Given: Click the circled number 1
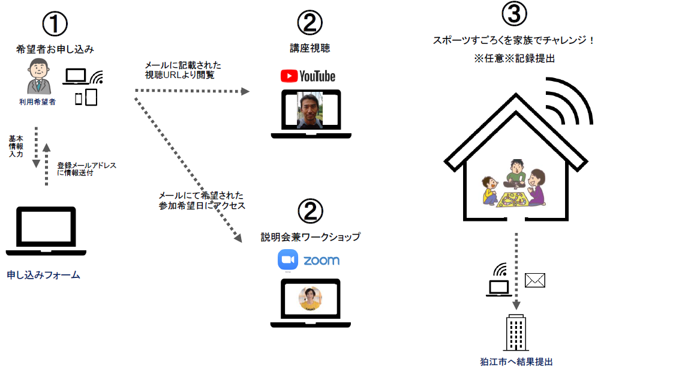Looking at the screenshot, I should coord(55,24).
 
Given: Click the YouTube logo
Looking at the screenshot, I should coord(308,76).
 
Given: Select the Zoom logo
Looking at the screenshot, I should coord(308,260).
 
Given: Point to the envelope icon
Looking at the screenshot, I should coord(534,280).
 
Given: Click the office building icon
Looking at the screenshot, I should coord(516,332).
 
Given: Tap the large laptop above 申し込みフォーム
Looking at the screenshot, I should coord(46,231).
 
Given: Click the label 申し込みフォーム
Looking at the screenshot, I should coord(43,275).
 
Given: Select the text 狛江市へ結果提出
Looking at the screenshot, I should coord(516,361).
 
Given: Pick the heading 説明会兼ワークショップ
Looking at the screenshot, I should coord(310,237).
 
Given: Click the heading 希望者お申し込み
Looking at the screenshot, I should coord(55,49).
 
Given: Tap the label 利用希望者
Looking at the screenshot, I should coord(37,102).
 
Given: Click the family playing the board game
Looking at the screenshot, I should coord(515,183).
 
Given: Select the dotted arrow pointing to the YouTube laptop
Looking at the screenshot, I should coord(192,91).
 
